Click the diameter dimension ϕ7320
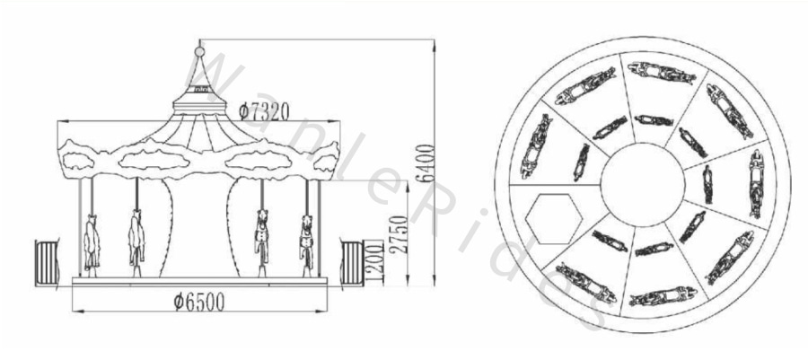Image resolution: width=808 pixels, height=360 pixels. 263,111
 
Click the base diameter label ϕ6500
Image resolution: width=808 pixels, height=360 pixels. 199,303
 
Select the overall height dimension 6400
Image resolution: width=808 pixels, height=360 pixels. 426,163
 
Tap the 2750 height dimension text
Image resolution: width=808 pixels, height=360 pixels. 399,234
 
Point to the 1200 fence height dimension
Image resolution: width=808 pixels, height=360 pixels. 375,263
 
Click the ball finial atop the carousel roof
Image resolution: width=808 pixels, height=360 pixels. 199,51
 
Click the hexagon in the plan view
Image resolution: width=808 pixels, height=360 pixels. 554,219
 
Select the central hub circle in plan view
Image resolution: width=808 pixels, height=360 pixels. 643,184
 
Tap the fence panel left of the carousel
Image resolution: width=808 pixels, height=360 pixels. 47,263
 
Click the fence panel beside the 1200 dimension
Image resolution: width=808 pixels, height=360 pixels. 352,263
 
